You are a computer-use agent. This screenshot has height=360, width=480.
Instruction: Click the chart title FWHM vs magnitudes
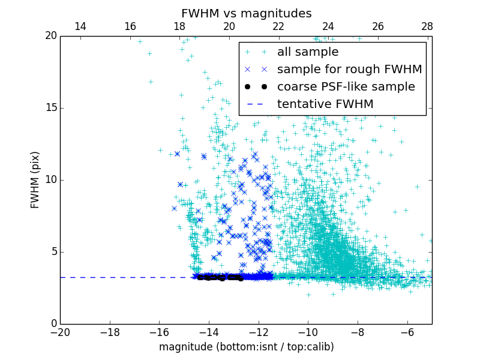coord(246,13)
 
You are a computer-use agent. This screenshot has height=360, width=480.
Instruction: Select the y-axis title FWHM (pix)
coord(35,180)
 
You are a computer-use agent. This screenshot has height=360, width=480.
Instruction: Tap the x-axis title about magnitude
coord(246,347)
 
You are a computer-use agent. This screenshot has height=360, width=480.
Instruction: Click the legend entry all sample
coord(308,52)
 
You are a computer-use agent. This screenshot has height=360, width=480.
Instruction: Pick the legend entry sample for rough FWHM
coord(349,70)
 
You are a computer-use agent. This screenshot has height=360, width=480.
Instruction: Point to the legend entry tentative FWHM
coord(325,104)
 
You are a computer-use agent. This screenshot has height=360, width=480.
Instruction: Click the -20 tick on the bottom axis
coord(60,332)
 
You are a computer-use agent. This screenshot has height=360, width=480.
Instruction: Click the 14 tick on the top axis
coord(80,26)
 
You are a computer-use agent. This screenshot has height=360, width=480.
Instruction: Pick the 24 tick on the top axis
coord(328,26)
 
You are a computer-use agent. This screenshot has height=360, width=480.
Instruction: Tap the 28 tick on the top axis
coord(427,26)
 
